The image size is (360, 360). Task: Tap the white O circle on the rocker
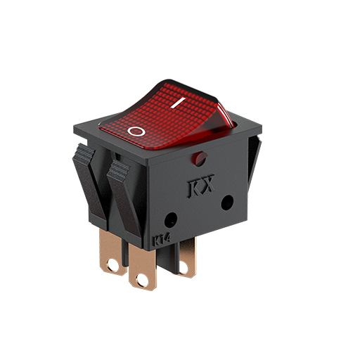tap(136, 131)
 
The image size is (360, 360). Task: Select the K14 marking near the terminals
tap(162, 239)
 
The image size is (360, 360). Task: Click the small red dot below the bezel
tap(199, 158)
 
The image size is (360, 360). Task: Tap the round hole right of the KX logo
tap(227, 202)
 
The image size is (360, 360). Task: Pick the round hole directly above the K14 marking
tap(171, 220)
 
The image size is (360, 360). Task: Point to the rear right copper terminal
tap(186, 258)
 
